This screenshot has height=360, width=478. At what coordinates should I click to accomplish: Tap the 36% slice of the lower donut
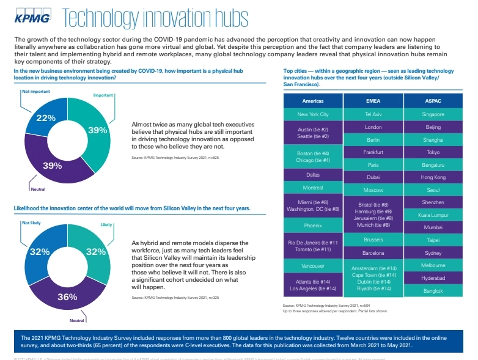[x=67, y=297]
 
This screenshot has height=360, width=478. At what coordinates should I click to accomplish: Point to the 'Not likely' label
[x=31, y=223]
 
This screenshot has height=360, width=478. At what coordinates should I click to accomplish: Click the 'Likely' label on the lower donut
[x=106, y=225]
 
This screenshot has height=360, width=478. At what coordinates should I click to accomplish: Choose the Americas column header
[x=312, y=100]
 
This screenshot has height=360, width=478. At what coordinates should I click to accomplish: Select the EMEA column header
[x=373, y=100]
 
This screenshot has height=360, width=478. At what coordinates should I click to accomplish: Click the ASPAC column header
[x=433, y=100]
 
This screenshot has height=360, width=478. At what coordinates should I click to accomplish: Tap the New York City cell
[x=312, y=114]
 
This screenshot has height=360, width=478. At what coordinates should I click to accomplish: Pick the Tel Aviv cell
[x=373, y=114]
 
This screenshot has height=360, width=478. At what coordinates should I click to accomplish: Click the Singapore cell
[x=433, y=114]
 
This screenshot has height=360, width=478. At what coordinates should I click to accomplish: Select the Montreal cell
[x=312, y=188]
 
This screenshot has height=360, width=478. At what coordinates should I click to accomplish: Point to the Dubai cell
[x=373, y=177]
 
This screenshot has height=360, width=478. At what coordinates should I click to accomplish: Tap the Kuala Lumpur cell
[x=433, y=215]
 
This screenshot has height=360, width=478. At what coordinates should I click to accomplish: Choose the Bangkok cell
[x=433, y=291]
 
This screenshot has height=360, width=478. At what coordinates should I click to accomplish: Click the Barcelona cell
[x=373, y=252]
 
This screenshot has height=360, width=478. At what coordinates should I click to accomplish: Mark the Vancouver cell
[x=312, y=266]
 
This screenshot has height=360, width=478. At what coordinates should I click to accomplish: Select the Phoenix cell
[x=312, y=225]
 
